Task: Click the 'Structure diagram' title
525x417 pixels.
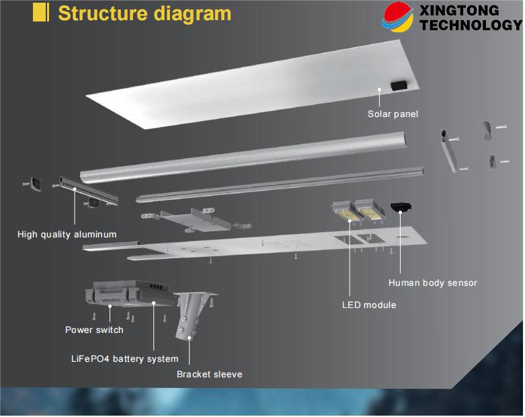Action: [x=145, y=13]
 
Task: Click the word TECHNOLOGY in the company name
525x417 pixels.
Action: [x=469, y=25]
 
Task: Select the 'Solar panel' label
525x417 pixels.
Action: [x=393, y=114]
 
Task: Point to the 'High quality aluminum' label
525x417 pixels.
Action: [x=67, y=234]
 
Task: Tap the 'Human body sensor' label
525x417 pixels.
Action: [x=433, y=282]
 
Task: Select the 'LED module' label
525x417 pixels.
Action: [x=369, y=305]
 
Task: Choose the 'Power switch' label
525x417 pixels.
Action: [x=94, y=330]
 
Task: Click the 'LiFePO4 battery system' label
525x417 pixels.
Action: [x=124, y=358]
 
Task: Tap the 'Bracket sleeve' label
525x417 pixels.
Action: [x=209, y=374]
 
